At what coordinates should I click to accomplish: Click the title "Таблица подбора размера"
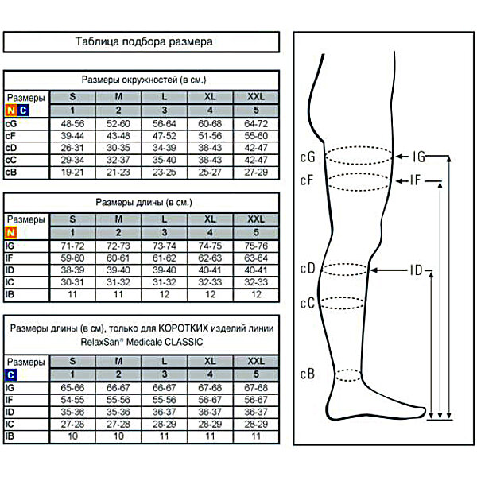[x=144, y=41]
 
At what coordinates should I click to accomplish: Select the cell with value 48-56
[x=72, y=124]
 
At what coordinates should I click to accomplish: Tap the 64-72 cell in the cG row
[x=256, y=124]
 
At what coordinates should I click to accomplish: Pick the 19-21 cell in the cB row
[x=72, y=173]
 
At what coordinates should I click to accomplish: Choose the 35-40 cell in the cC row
[x=165, y=160]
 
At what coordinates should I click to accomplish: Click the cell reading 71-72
[x=72, y=246]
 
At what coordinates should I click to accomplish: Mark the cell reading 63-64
[x=256, y=258]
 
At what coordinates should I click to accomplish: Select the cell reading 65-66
[x=72, y=388]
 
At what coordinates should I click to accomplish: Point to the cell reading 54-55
[x=72, y=400]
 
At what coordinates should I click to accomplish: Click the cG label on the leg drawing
[x=308, y=157]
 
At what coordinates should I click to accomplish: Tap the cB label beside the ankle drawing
[x=307, y=374]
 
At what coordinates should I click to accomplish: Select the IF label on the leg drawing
[x=415, y=180]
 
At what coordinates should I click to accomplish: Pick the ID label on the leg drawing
[x=416, y=270]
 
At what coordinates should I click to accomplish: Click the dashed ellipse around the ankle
[x=348, y=370]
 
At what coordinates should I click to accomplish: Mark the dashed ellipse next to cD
[x=345, y=264]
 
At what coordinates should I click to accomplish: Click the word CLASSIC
[x=184, y=342]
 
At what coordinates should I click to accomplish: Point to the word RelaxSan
[x=100, y=342]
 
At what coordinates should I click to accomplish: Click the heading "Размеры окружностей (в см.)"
[x=144, y=79]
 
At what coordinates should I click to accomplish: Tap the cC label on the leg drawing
[x=307, y=304]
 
